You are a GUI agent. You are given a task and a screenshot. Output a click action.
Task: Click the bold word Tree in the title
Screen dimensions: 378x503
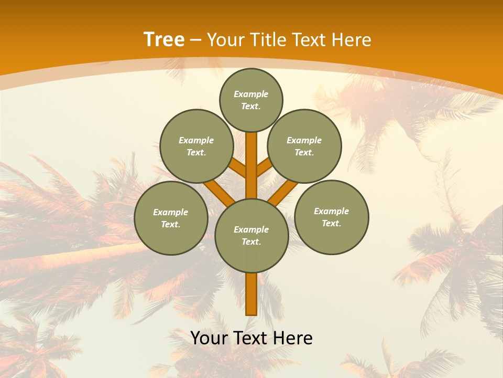click(x=164, y=39)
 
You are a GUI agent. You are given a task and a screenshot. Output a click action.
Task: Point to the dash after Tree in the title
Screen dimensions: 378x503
click(x=195, y=40)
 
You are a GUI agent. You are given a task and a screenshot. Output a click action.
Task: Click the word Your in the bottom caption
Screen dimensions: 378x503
click(x=210, y=338)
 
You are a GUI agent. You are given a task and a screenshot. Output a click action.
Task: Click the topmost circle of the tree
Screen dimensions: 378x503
click(x=251, y=100)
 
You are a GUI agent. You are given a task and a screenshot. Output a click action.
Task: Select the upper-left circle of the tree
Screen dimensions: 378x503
click(x=196, y=146)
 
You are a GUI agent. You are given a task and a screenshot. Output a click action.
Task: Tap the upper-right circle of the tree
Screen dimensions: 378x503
click(x=304, y=146)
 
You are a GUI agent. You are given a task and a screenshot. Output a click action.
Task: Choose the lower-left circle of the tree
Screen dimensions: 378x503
click(x=171, y=218)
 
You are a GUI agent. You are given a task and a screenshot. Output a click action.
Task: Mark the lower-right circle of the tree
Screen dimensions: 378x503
click(x=331, y=217)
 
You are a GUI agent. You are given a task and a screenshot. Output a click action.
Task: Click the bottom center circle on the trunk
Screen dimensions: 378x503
click(x=251, y=236)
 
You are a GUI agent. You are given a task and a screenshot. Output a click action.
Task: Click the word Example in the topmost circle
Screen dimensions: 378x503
click(x=251, y=94)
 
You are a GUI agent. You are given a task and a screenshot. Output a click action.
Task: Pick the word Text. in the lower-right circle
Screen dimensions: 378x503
click(x=331, y=223)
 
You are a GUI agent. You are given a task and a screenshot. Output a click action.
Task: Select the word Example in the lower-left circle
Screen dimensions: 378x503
click(x=170, y=212)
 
